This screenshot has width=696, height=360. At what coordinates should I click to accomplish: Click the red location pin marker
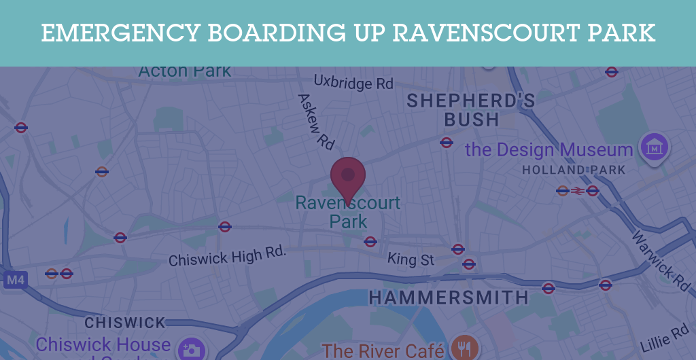tap(348, 177)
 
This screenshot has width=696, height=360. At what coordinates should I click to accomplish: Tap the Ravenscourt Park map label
tap(348, 211)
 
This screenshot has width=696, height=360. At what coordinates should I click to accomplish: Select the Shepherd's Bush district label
tap(471, 110)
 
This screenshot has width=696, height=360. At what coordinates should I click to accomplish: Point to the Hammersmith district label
tap(449, 298)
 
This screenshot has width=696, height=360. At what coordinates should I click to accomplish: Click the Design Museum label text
tap(549, 149)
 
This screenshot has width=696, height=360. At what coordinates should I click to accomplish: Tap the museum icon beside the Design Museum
tap(654, 147)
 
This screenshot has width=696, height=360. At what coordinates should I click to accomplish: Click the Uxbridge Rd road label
tap(353, 83)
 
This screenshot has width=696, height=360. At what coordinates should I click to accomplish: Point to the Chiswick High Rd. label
tap(228, 257)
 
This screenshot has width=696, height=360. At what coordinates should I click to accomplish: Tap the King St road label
tap(411, 259)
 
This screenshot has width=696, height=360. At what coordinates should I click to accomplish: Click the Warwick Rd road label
tap(661, 259)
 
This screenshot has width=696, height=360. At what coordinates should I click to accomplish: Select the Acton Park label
tap(184, 71)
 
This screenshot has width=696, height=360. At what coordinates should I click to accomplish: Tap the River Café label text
tap(383, 350)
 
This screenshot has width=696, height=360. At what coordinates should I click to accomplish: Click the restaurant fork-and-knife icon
tap(464, 348)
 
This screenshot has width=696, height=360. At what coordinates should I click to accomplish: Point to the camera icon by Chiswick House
tap(190, 349)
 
